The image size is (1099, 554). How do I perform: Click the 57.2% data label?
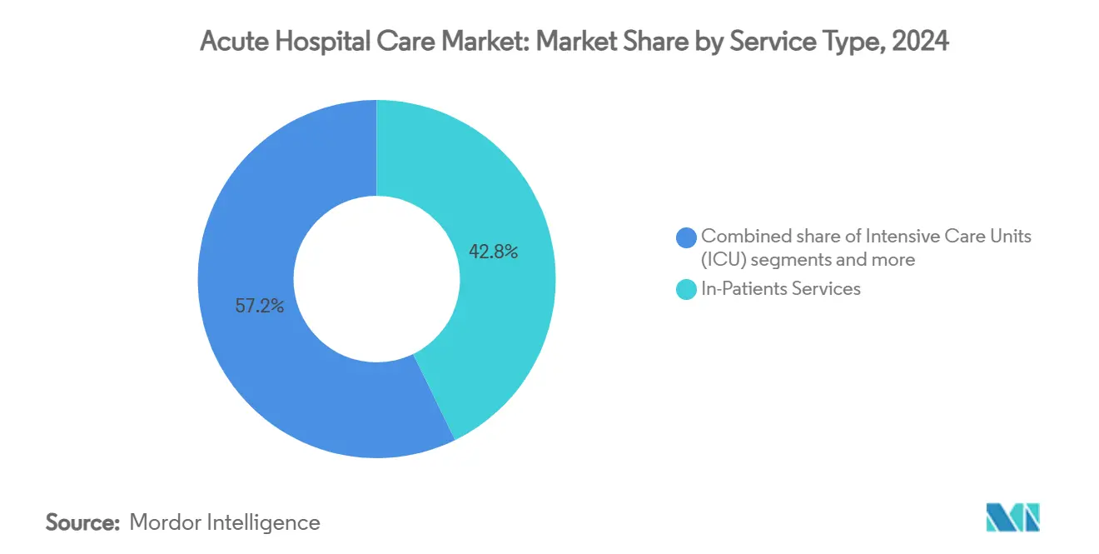[x=260, y=306]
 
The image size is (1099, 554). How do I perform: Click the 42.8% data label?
[x=494, y=252]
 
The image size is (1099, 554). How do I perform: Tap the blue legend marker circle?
[x=687, y=237]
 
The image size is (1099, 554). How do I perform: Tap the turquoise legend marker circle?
[x=687, y=290]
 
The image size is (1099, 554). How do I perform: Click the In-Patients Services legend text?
[x=781, y=289]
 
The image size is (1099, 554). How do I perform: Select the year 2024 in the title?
[x=920, y=42]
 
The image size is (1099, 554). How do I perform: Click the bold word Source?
[x=83, y=522]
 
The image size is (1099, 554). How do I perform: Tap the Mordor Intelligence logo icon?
[x=1012, y=517]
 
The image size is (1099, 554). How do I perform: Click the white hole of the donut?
[x=376, y=279]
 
